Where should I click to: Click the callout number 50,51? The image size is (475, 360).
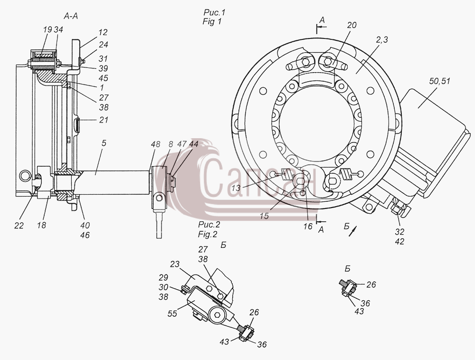[439, 81]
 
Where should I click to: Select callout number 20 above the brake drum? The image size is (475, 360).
[351, 25]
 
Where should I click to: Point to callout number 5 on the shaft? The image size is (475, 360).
[104, 143]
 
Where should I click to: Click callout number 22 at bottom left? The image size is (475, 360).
[19, 226]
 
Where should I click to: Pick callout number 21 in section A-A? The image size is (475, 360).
[104, 120]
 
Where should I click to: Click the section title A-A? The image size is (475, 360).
[71, 16]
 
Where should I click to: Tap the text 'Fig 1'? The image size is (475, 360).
[212, 22]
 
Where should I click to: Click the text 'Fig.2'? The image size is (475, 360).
[208, 234]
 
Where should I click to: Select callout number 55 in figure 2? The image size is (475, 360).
[172, 313]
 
